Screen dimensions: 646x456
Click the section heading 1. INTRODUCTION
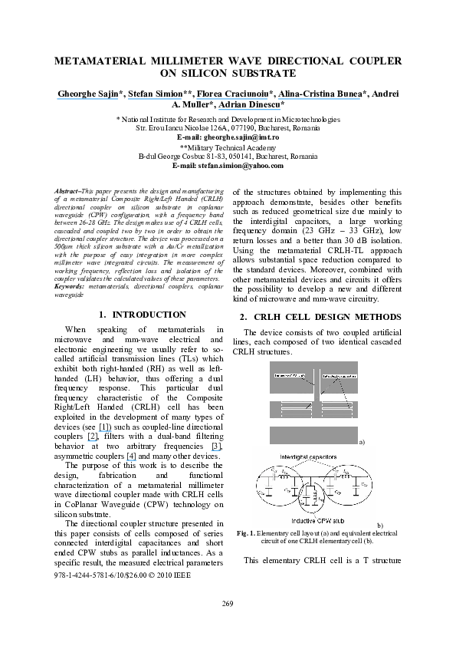[x=142, y=315]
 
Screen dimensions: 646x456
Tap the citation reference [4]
[x=132, y=456]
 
